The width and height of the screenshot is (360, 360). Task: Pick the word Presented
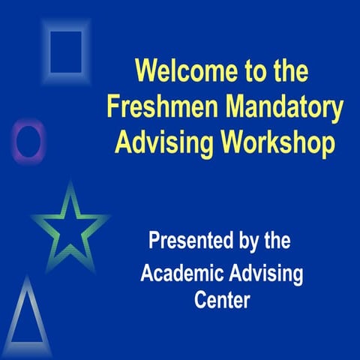(188, 241)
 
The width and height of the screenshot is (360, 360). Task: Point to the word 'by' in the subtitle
(246, 242)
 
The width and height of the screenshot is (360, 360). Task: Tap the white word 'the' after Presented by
(275, 241)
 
